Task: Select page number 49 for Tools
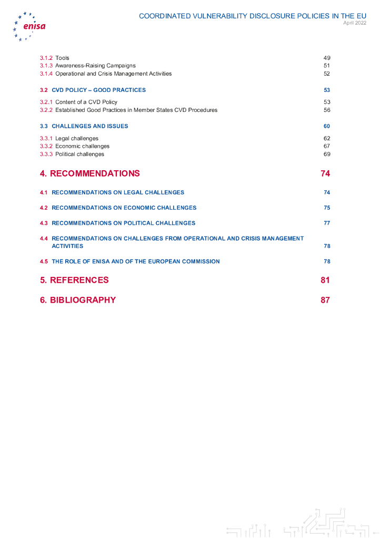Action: pos(326,58)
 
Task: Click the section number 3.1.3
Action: pos(46,66)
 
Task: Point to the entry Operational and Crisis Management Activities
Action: pos(113,74)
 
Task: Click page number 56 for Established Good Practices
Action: pos(326,110)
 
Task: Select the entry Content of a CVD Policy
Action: pos(86,102)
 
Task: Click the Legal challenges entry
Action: pos(77,138)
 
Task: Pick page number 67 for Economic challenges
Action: pos(326,146)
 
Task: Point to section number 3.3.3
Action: pos(46,154)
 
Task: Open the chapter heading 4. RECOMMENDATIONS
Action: pos(90,173)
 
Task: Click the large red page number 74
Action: pos(325,173)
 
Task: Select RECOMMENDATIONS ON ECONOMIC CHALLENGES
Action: pos(124,208)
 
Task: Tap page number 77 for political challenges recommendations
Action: pos(327,223)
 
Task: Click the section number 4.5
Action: pos(44,261)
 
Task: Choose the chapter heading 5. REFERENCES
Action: pos(74,280)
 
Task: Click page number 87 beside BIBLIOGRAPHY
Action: pos(325,300)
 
